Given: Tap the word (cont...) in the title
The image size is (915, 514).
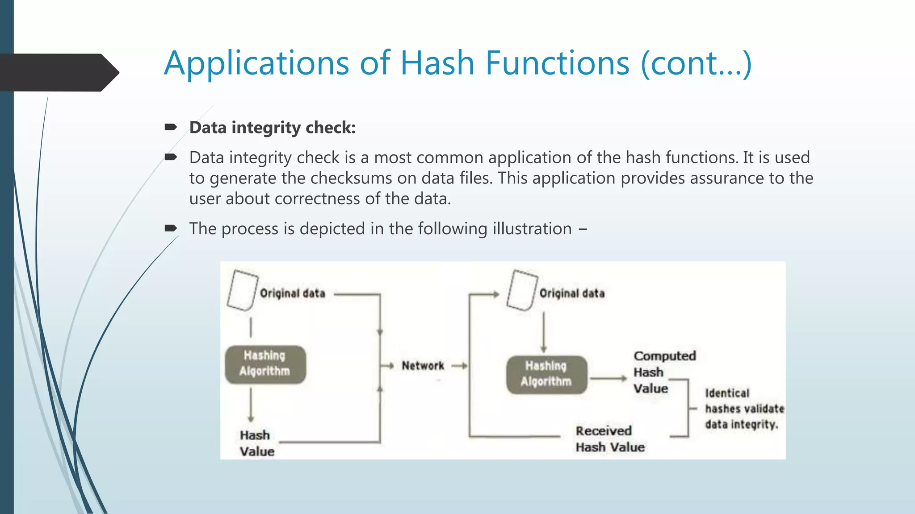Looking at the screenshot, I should point(696,63).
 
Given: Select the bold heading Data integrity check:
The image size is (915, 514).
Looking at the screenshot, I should point(272,128).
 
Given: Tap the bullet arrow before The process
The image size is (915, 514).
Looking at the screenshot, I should point(171,228).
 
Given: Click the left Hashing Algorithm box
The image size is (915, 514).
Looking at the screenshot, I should point(265,364).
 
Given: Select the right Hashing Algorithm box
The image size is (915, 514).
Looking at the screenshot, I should point(546,374).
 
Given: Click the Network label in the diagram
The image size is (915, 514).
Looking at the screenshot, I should point(423,366).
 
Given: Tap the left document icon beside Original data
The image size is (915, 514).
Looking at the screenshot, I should point(242,290).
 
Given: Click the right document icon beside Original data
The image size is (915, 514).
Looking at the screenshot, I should point(521,290).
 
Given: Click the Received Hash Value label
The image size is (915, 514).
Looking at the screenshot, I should point(609,439).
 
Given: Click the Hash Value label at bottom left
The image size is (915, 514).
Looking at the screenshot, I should point(256,443).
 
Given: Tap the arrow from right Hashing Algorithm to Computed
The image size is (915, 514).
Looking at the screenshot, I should point(609,379).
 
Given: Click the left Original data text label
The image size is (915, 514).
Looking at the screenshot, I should point(292,294).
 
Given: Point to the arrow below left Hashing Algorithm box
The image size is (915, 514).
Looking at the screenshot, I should point(251,404).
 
